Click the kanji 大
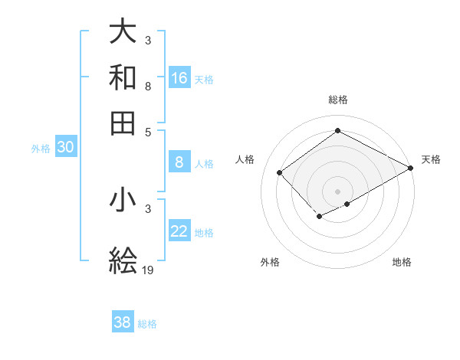coord(123,32)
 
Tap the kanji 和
coord(123,78)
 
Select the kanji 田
coord(123,123)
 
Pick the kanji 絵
coord(123,261)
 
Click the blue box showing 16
coord(179,78)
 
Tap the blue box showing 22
coord(179,232)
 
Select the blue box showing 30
coord(65,149)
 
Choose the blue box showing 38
coord(123,323)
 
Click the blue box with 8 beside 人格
coord(179,162)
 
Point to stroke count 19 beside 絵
coord(149,270)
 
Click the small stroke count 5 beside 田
coord(147,131)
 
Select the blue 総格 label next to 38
coord(147,324)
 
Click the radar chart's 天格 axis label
coord(431,159)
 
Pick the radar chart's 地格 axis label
coord(402,262)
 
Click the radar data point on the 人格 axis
coord(280,172)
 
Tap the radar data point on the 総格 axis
coord(337,131)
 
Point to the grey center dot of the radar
coord(337,191)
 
